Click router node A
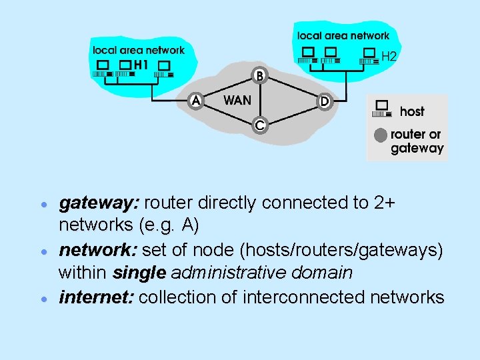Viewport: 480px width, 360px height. click(195, 101)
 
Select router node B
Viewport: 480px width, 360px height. click(259, 76)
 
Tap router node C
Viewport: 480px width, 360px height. click(259, 125)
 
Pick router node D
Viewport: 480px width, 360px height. click(323, 101)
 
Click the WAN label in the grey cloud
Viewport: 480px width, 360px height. click(237, 101)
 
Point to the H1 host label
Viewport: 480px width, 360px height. click(141, 65)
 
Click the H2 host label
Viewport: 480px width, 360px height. click(389, 57)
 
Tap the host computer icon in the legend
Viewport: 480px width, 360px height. click(383, 108)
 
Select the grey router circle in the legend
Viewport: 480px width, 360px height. click(380, 135)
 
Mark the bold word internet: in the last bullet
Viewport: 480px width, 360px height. click(97, 297)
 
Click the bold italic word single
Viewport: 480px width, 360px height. click(140, 273)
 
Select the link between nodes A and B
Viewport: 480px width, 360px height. click(227, 88)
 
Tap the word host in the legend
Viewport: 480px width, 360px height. click(412, 111)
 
